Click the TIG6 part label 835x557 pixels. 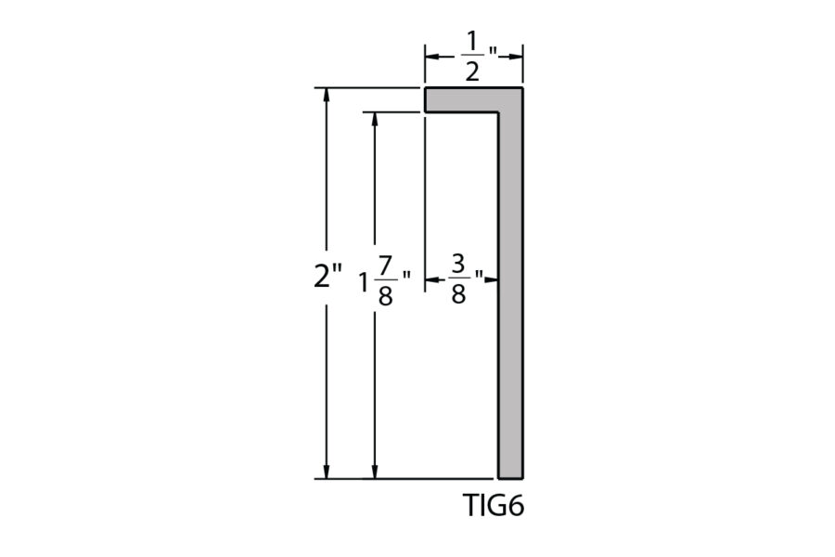coord(494,505)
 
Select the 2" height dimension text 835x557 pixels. coord(328,276)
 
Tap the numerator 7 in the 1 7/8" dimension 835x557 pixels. coord(386,265)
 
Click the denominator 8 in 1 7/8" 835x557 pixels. coord(386,295)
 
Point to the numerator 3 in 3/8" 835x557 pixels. coord(458,264)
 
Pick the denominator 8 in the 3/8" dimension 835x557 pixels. coord(458,293)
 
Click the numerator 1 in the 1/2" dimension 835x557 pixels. coord(471,41)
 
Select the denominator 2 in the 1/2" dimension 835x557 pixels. coord(472,71)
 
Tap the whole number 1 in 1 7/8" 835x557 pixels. coord(365,282)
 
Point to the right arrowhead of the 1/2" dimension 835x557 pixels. coord(515,57)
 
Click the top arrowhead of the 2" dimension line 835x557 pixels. coord(327,96)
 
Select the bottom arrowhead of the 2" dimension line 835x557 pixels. coord(327,472)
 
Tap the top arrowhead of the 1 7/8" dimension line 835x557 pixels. coord(375,120)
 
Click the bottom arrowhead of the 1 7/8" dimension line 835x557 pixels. coord(375,472)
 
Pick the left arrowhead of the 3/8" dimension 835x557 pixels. coord(432,279)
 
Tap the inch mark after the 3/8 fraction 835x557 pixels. coord(479,275)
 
